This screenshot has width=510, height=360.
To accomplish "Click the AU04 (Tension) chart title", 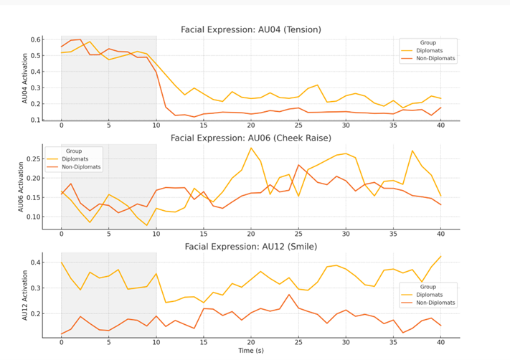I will pyautogui.click(x=251, y=29).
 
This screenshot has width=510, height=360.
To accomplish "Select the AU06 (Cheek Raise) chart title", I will pyautogui.click(x=251, y=138).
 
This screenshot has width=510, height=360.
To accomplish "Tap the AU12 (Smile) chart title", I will pyautogui.click(x=251, y=246).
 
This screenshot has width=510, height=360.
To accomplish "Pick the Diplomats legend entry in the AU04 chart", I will pyautogui.click(x=433, y=51).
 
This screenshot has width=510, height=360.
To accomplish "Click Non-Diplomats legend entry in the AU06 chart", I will pyautogui.click(x=79, y=167).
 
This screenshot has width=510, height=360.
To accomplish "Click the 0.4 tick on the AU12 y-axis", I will pyautogui.click(x=35, y=262).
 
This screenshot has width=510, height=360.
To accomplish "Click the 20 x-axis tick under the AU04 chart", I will pyautogui.click(x=251, y=127).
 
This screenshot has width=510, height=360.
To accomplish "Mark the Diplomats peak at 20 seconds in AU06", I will pyautogui.click(x=251, y=148).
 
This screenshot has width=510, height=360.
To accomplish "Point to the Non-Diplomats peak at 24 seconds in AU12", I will pyautogui.click(x=289, y=295).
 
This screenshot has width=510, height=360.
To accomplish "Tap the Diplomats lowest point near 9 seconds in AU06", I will pyautogui.click(x=147, y=225).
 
